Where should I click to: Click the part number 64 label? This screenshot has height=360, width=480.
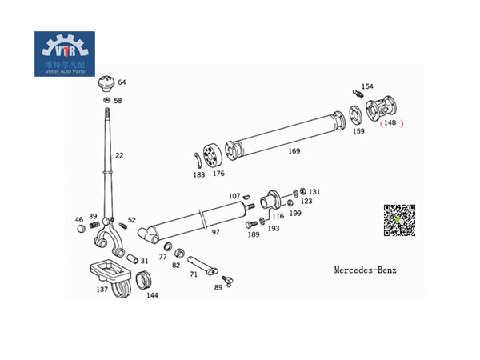[x=122, y=82]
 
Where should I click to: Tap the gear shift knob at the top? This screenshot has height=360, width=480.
[x=106, y=85]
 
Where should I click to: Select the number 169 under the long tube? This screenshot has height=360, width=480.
[x=294, y=150]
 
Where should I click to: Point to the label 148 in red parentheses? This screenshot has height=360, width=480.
[x=390, y=122]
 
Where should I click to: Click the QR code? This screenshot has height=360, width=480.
[x=400, y=221]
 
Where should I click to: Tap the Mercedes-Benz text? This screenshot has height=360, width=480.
[x=365, y=270]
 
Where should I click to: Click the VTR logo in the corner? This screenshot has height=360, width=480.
[x=65, y=54]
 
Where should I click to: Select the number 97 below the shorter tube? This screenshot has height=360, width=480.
[x=215, y=232]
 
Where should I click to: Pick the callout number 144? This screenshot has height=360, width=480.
[x=152, y=295]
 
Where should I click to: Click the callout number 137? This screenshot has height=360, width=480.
[x=102, y=290]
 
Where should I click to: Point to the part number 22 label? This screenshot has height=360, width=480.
[x=119, y=155]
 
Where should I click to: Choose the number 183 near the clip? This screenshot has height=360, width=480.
[x=198, y=174]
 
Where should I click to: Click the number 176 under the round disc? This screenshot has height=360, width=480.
[x=218, y=174]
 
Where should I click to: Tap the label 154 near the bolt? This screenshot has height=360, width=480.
[x=367, y=86]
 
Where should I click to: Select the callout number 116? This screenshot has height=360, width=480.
[x=278, y=216]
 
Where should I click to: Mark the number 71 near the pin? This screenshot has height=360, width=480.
[x=193, y=274]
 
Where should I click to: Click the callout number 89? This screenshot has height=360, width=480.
[x=218, y=287]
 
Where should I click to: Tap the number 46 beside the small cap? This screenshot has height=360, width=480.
[x=78, y=219]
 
